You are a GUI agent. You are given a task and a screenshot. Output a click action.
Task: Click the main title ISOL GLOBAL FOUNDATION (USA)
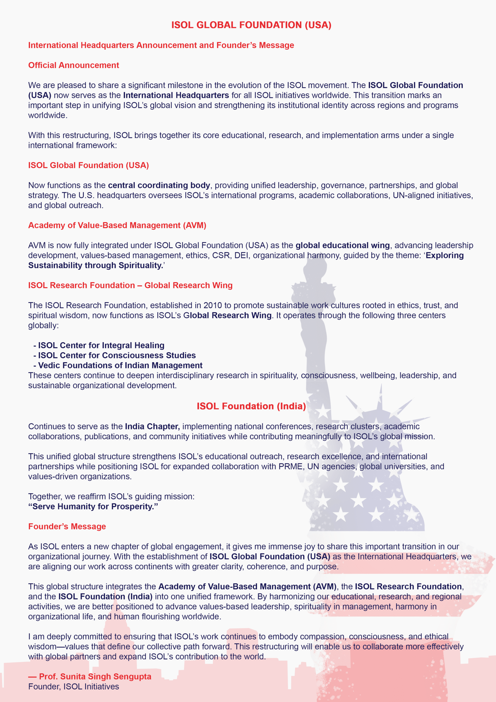pyautogui.click(x=251, y=25)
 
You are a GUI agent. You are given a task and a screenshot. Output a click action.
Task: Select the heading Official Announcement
pyautogui.click(x=74, y=65)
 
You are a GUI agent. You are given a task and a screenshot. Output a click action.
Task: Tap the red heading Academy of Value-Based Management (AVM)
pyautogui.click(x=117, y=225)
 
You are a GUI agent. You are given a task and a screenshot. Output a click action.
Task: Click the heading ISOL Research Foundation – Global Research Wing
pyautogui.click(x=130, y=285)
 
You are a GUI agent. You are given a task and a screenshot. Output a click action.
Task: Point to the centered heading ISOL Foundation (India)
pyautogui.click(x=251, y=406)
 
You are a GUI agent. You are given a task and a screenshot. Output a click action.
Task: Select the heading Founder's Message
pyautogui.click(x=67, y=526)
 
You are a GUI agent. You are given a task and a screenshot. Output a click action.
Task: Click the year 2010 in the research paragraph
pyautogui.click(x=213, y=305)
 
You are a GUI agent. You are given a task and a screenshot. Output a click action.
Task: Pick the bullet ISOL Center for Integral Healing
pyautogui.click(x=101, y=345)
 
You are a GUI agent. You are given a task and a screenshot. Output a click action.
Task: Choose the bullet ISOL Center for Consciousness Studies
pyautogui.click(x=117, y=355)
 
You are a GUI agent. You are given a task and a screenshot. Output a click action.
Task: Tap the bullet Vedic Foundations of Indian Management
pyautogui.click(x=120, y=365)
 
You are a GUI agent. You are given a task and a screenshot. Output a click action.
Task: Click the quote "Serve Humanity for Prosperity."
pyautogui.click(x=93, y=506)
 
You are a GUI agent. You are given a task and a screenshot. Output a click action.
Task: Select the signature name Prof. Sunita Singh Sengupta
pyautogui.click(x=95, y=676)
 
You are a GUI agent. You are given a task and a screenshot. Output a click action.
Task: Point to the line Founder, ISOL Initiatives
pyautogui.click(x=74, y=686)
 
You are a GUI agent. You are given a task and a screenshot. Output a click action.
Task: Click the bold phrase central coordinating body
pyautogui.click(x=159, y=185)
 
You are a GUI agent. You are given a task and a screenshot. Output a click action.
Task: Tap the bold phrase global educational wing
pyautogui.click(x=342, y=245)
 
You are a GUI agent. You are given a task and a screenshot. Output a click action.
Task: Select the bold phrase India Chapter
pyautogui.click(x=152, y=426)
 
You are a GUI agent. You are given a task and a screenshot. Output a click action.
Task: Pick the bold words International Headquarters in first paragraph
pyautogui.click(x=176, y=95)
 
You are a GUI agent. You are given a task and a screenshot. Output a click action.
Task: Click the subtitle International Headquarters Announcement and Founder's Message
pyautogui.click(x=161, y=45)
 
